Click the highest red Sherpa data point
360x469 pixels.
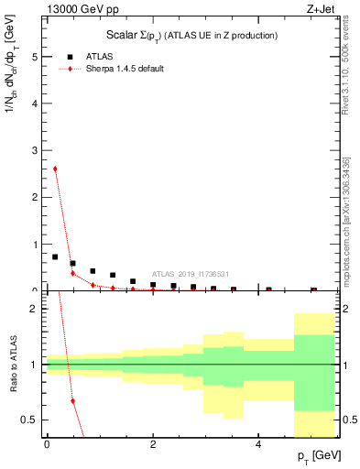(x=55, y=169)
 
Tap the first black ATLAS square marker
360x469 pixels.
(x=55, y=256)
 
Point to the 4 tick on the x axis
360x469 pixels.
(x=259, y=443)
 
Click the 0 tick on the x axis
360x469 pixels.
(x=47, y=443)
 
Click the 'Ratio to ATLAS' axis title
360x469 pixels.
(x=12, y=365)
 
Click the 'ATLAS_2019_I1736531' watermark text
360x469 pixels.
(x=190, y=273)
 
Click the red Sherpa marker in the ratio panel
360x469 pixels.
(x=72, y=400)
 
